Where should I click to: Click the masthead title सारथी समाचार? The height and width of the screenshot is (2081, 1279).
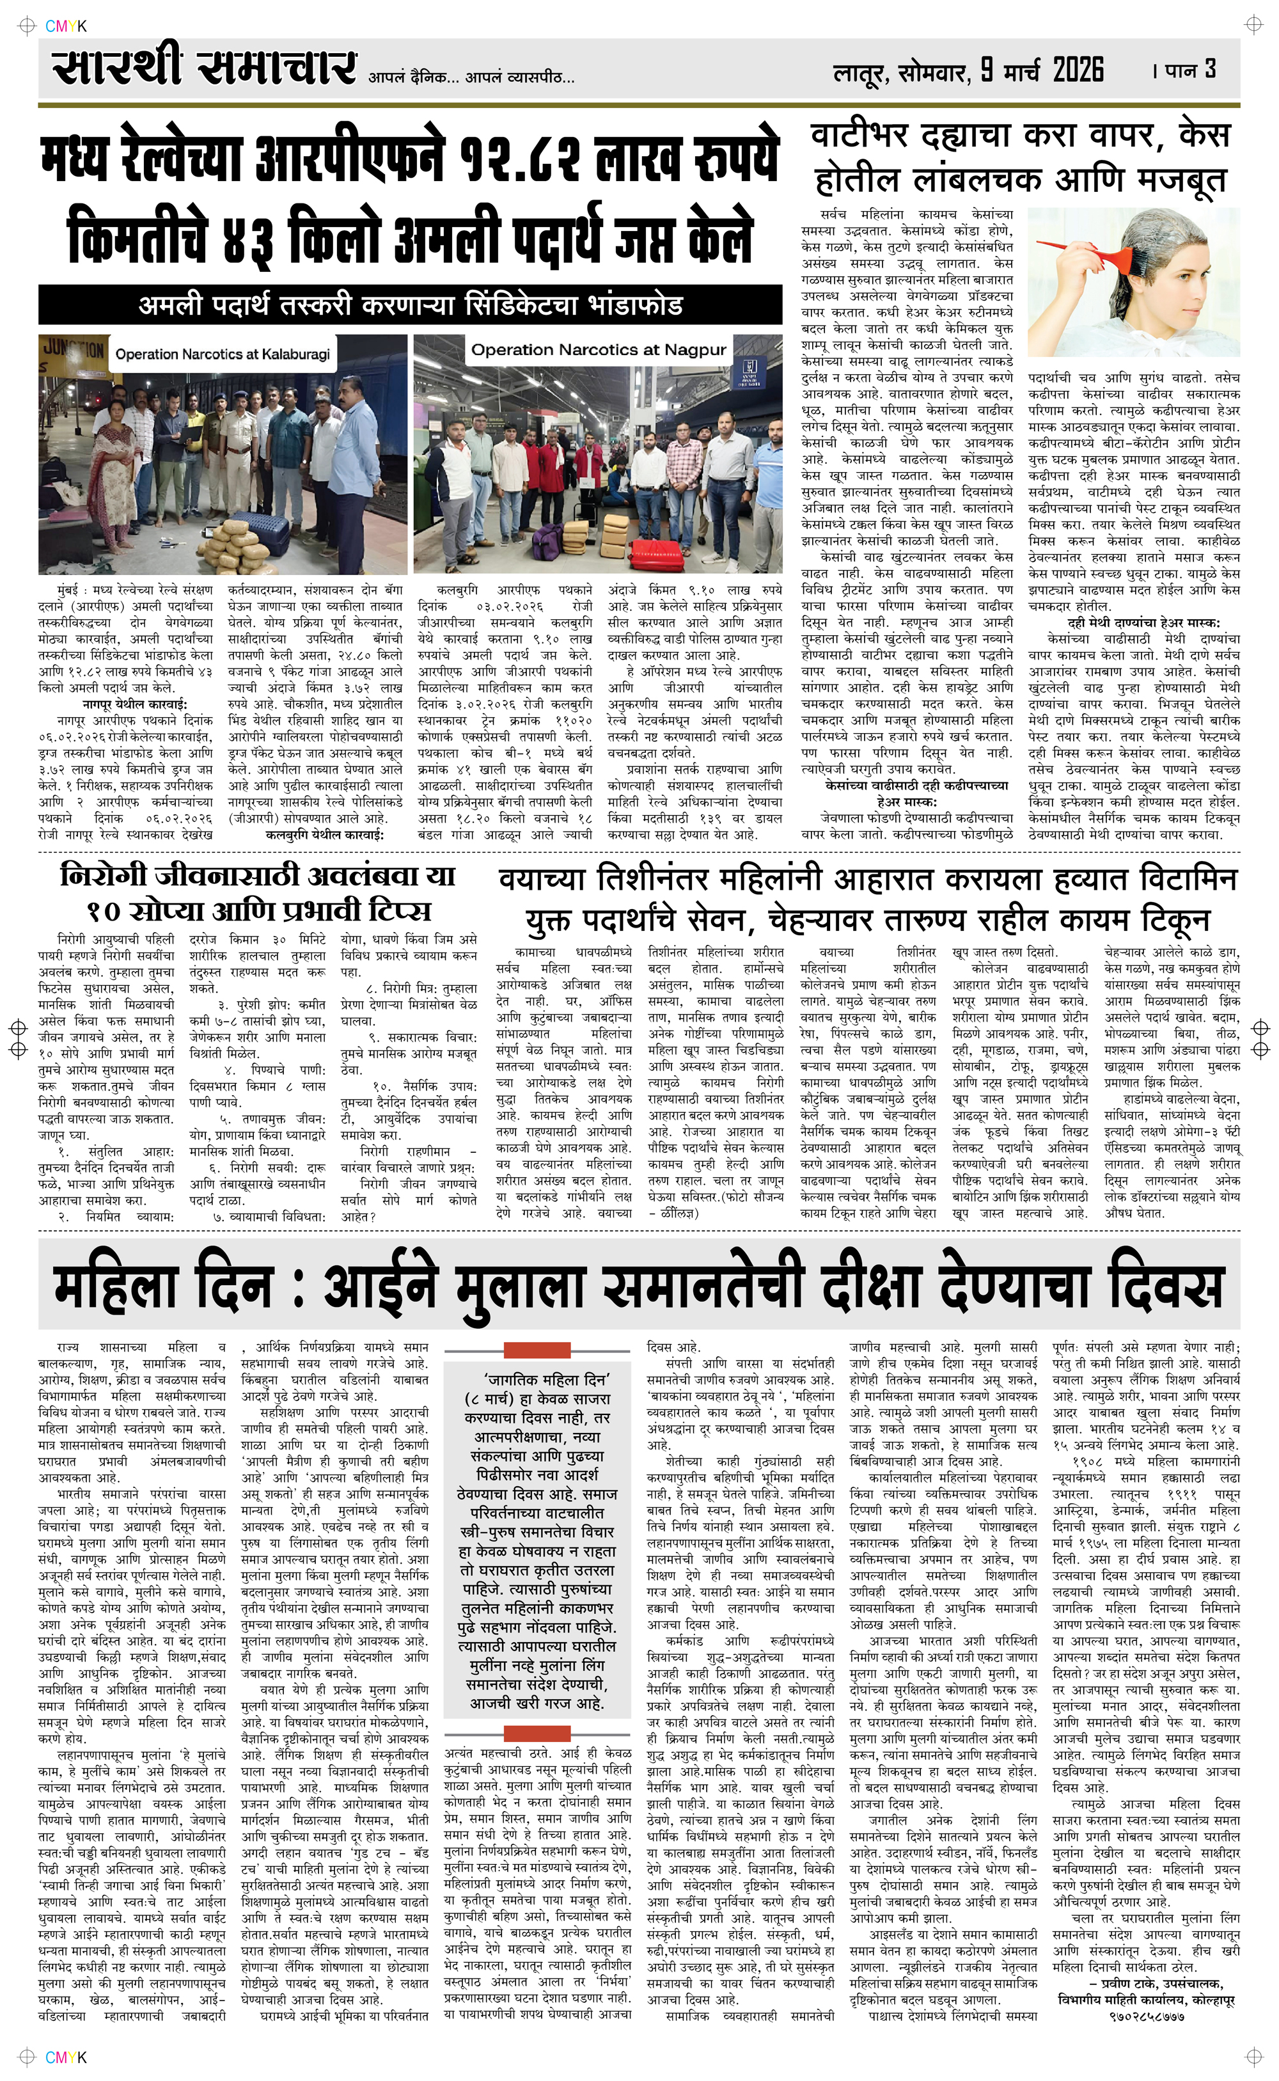tap(203, 68)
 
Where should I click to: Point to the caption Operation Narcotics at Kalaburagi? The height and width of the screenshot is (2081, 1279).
tap(223, 354)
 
